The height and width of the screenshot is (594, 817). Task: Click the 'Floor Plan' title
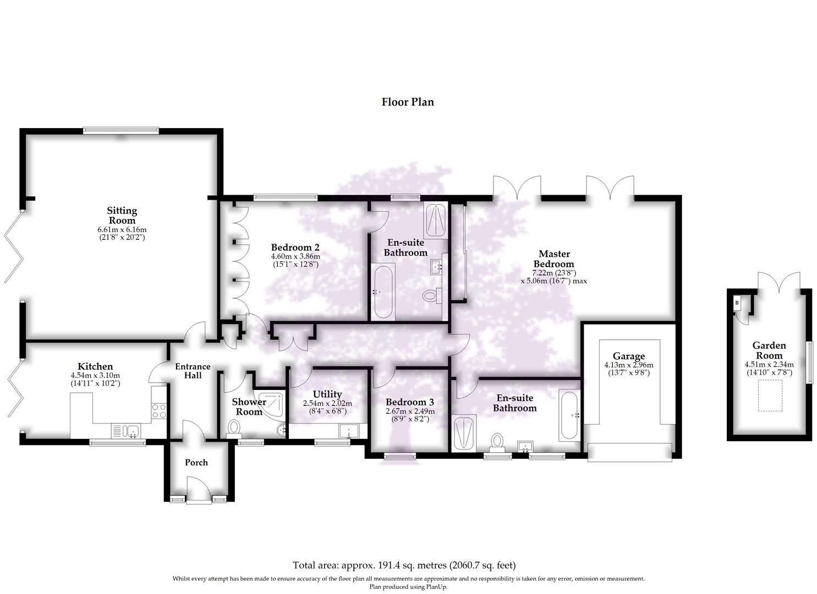[x=408, y=102]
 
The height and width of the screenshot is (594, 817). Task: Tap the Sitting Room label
[x=122, y=215]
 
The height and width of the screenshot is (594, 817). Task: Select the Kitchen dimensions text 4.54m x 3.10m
[x=95, y=376]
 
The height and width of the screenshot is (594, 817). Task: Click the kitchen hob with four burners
[x=159, y=411]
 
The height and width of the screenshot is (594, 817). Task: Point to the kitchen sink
[x=126, y=430]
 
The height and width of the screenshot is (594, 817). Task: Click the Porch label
[x=196, y=463]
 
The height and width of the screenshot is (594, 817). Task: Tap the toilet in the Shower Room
[x=234, y=427]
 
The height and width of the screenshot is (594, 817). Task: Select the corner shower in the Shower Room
[x=273, y=403]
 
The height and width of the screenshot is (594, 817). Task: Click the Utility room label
[x=327, y=394]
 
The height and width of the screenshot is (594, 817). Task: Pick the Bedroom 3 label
[x=410, y=402]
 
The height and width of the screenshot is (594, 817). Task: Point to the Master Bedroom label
[x=554, y=258]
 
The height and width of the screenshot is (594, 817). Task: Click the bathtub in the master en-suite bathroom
[x=569, y=415]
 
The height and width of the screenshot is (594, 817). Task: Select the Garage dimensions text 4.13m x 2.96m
[x=628, y=365]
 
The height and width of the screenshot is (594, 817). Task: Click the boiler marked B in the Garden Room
[x=737, y=302]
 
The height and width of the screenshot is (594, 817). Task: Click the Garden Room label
[x=769, y=350]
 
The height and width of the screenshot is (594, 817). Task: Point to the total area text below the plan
[x=404, y=565]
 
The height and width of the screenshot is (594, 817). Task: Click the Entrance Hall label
[x=193, y=371]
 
